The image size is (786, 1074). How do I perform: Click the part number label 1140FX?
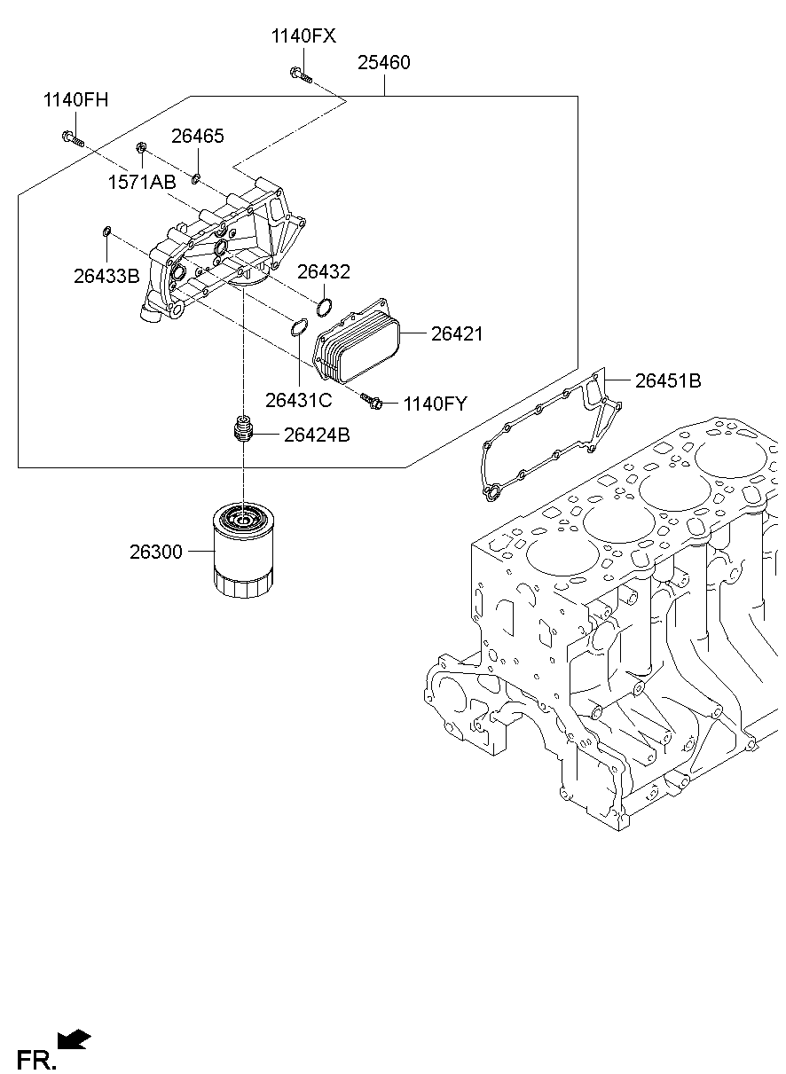[303, 36]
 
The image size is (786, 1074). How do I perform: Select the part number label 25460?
[383, 63]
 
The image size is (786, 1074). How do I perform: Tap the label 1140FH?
[75, 99]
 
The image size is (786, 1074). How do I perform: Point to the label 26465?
[198, 137]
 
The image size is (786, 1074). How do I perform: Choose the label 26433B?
[106, 276]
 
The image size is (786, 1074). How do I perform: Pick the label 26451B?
[667, 380]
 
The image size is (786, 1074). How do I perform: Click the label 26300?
[156, 553]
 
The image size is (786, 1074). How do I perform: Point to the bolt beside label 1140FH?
[73, 138]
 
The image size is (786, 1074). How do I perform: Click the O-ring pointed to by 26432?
[325, 308]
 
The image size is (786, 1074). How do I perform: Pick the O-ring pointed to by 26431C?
[299, 328]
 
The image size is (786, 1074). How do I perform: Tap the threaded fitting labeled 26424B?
[242, 431]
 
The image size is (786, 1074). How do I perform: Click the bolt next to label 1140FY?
[373, 402]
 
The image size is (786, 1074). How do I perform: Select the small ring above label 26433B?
[106, 232]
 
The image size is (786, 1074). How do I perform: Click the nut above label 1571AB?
[141, 147]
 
